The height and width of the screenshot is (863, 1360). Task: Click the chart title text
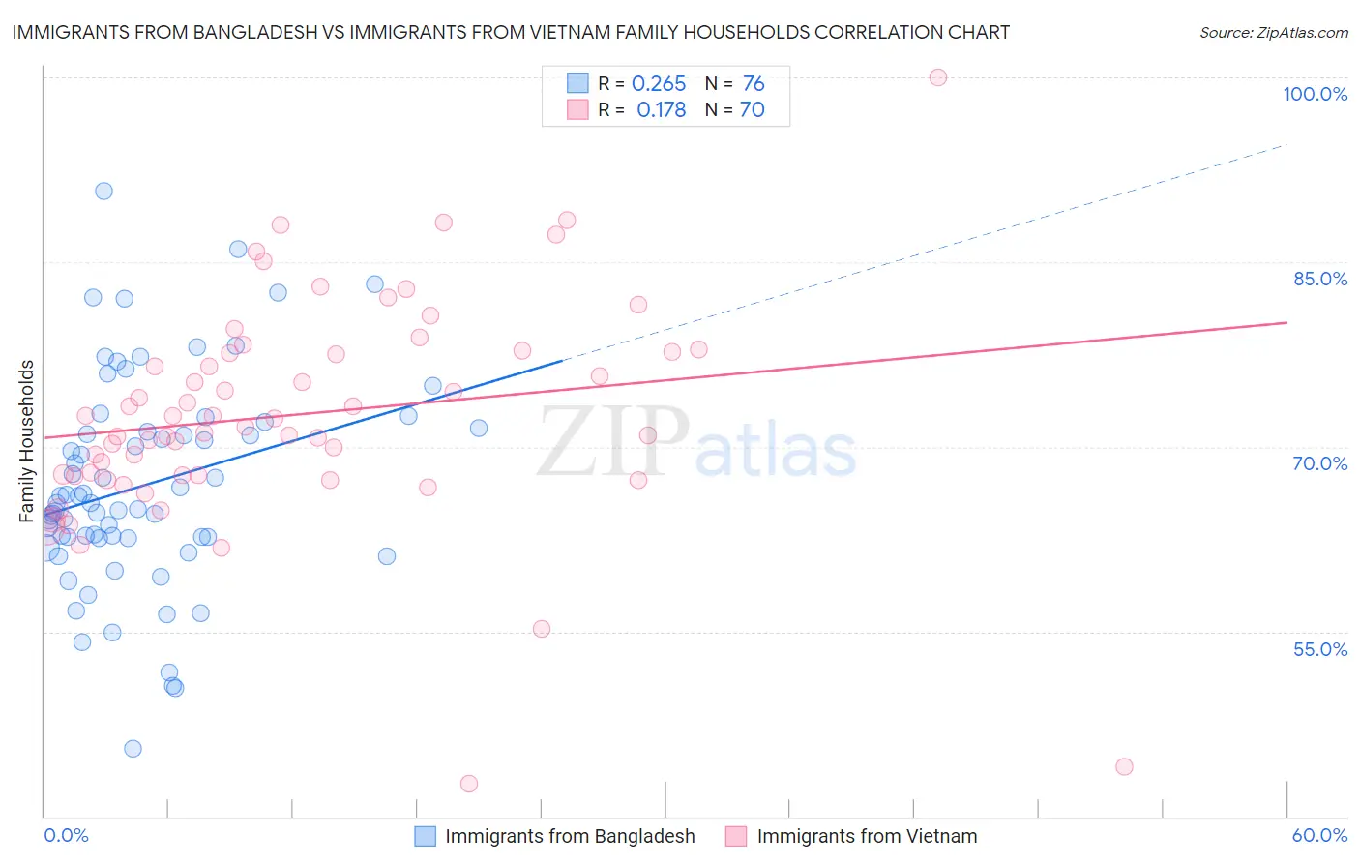click(511, 32)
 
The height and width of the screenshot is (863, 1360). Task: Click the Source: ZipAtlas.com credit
click(1273, 32)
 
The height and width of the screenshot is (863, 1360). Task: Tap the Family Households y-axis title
click(27, 441)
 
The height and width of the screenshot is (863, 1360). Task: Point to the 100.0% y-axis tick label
click(1315, 94)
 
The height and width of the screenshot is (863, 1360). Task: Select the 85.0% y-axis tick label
click(1320, 279)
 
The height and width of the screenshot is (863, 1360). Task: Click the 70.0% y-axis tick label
click(1320, 463)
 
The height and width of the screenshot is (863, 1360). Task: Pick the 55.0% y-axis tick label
click(1320, 649)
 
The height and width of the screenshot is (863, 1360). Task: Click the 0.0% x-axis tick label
click(66, 835)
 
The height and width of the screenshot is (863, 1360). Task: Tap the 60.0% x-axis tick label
click(1319, 835)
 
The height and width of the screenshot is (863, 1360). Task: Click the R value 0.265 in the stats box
click(659, 84)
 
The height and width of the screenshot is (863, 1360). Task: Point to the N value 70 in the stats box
click(752, 110)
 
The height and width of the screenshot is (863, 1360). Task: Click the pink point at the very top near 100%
click(937, 77)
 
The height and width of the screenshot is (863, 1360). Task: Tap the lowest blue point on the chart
click(133, 749)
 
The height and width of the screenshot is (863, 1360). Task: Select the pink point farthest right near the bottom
click(1124, 767)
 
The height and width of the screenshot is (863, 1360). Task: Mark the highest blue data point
click(103, 191)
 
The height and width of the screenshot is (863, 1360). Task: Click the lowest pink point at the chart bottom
click(469, 784)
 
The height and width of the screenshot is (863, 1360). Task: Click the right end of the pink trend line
click(1286, 322)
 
